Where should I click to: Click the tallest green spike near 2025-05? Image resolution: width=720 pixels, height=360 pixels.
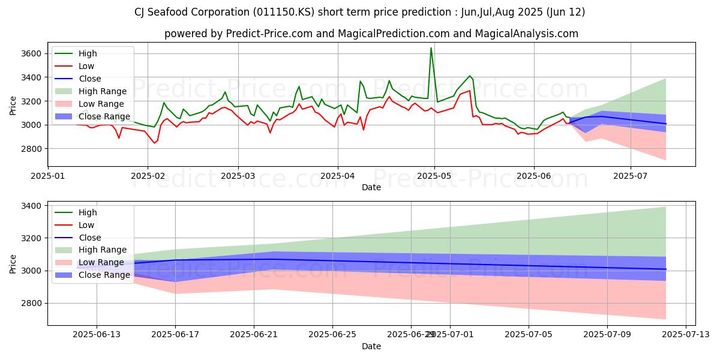coord(431,49)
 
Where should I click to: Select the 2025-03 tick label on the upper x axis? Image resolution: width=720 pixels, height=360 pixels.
coord(238,176)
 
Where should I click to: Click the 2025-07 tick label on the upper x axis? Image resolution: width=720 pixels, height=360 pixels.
coord(631,176)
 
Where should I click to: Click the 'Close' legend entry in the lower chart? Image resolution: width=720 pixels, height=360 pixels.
coord(90,238)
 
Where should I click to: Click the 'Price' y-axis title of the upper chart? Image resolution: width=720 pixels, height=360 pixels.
coord(13,105)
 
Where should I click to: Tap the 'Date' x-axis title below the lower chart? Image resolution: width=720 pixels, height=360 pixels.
coord(371,346)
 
